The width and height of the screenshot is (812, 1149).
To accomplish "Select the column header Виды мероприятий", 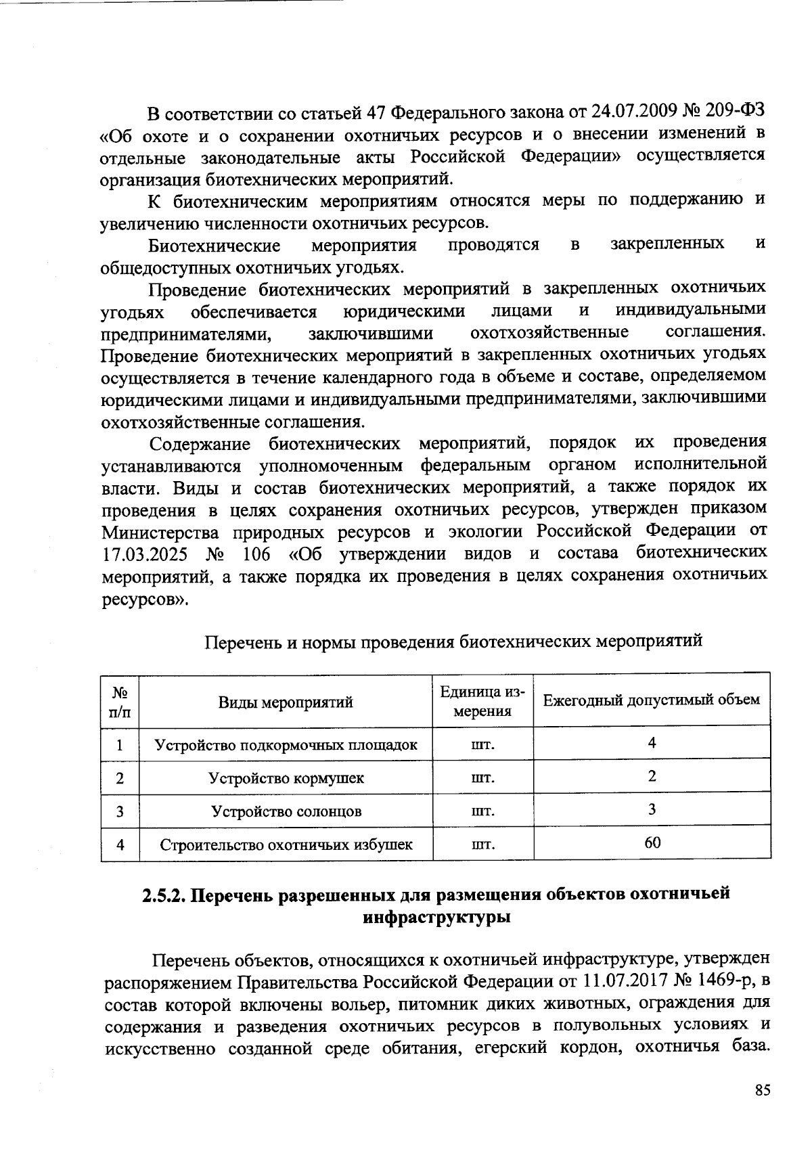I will point(286,702).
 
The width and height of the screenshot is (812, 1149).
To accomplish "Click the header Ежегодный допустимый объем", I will point(652,699).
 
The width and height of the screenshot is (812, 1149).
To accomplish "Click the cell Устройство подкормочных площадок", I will point(286,745).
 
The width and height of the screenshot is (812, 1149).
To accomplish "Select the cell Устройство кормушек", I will point(286,778).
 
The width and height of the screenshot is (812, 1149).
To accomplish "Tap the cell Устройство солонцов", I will point(286,811).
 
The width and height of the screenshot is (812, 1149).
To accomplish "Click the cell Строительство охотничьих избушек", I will point(286,844).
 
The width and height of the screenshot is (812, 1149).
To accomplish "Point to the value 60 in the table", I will point(652,842).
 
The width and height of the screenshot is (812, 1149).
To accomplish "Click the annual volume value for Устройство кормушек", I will point(652,776).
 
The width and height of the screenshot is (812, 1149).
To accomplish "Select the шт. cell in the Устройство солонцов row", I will point(482,811).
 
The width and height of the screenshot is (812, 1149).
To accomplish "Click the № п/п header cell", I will point(120,702).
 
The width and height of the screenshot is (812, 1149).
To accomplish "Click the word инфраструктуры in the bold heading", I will point(436,918).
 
